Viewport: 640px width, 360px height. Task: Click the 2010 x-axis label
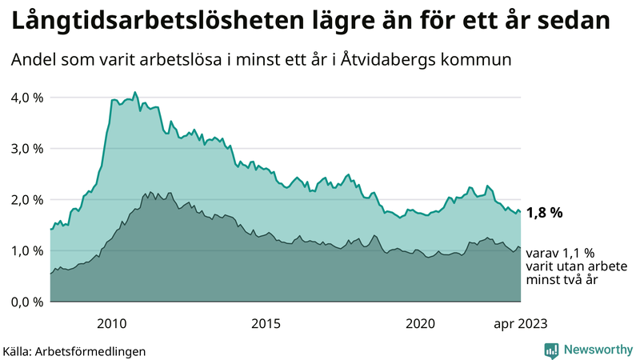pyautogui.click(x=112, y=323)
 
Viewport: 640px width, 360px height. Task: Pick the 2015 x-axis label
pyautogui.click(x=266, y=323)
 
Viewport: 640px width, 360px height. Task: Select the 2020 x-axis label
pyautogui.click(x=420, y=323)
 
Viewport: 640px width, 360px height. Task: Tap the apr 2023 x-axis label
pyautogui.click(x=520, y=323)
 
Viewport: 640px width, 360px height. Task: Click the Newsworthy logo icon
pyautogui.click(x=551, y=350)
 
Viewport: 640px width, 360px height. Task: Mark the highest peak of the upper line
pyautogui.click(x=134, y=93)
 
